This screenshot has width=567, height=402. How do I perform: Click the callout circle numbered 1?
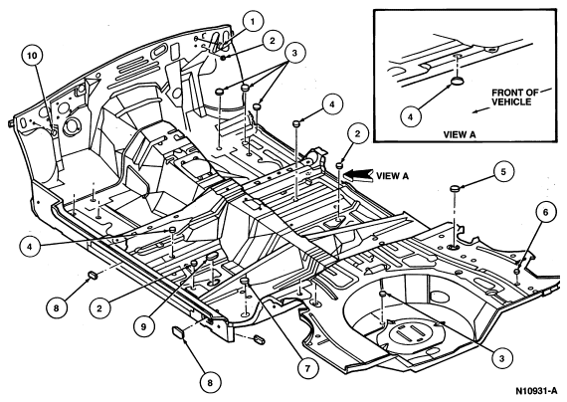coord(252,22)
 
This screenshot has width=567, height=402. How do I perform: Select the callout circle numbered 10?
coord(32,56)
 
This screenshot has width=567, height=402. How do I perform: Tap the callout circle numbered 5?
coord(503,172)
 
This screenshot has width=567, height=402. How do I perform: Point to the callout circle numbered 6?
coord(545,212)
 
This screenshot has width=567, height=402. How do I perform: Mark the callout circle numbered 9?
coord(143,326)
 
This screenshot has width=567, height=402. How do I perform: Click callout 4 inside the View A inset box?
coord(411,116)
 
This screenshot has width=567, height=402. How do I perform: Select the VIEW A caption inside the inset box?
coord(460,134)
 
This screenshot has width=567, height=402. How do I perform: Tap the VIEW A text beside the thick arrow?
coord(392,176)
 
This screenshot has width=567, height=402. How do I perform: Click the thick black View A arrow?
coord(358,175)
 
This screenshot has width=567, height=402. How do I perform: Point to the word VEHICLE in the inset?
coord(511,101)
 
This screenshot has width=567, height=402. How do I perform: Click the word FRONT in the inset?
coord(504,93)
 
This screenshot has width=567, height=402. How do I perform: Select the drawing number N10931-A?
coord(536,391)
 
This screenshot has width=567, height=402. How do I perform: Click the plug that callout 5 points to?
coord(456,189)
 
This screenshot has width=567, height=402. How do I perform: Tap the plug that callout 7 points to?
coord(246,281)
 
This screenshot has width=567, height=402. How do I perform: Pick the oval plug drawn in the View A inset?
coord(457,81)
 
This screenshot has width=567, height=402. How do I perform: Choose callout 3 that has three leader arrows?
coord(294,53)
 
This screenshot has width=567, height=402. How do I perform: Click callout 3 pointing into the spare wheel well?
coord(501,358)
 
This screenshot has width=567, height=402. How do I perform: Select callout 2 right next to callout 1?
coord(272,40)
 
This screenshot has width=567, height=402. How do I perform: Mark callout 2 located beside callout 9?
coord(98,308)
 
